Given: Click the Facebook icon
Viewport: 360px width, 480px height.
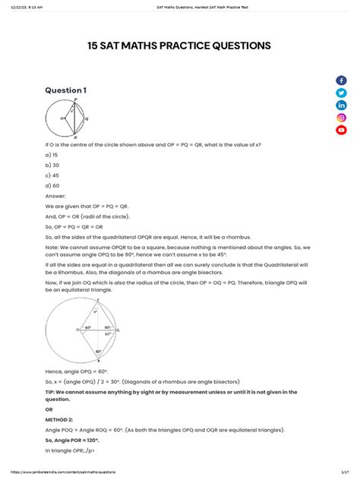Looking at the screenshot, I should pyautogui.click(x=341, y=81).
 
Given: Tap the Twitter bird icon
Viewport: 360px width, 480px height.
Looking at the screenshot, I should pyautogui.click(x=341, y=93).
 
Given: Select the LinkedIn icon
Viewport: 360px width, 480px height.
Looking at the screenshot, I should pyautogui.click(x=341, y=105).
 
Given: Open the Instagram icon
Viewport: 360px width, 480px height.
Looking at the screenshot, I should pyautogui.click(x=341, y=117).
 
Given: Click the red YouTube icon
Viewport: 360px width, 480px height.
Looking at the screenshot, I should pyautogui.click(x=341, y=130).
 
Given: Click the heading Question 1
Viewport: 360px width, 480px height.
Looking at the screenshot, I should pyautogui.click(x=66, y=90).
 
